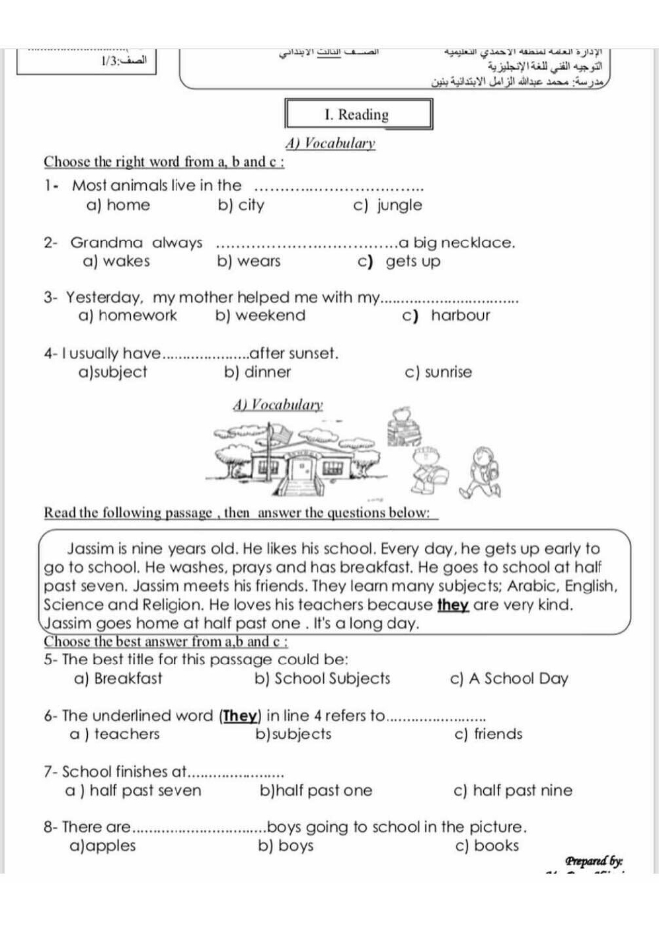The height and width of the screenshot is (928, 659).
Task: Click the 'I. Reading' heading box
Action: (x=358, y=114)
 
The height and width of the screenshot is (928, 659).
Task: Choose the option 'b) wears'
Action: (x=249, y=261)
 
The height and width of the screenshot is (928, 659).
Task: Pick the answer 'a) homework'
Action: (x=128, y=316)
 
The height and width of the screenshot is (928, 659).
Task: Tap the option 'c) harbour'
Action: (x=446, y=316)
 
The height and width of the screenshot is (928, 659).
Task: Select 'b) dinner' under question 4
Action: (x=258, y=372)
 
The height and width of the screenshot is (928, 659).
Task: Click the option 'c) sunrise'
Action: (x=438, y=372)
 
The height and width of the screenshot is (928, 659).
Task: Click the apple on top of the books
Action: (x=401, y=415)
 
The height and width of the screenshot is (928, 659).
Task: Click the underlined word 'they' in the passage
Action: (x=453, y=605)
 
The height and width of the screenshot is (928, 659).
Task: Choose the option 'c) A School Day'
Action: (x=508, y=679)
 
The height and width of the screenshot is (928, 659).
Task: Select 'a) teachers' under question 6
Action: (x=114, y=734)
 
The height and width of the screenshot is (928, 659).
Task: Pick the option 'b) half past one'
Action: (x=316, y=790)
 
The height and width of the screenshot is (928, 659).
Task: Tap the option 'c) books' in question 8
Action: (x=487, y=846)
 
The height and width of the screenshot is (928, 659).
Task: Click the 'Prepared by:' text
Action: (x=594, y=861)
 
